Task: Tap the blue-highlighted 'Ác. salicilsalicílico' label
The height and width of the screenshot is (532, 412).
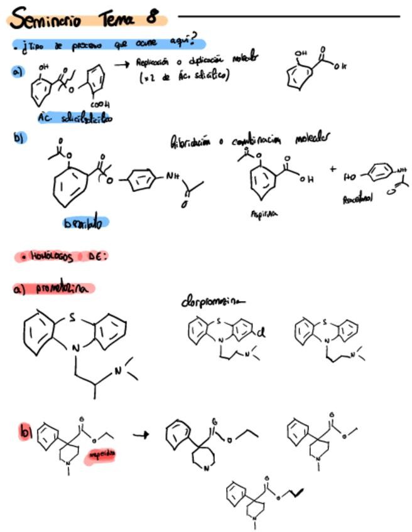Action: point(75,118)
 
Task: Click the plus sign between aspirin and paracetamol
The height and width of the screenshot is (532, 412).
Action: point(332,168)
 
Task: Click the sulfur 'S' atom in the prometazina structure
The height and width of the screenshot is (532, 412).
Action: point(72,317)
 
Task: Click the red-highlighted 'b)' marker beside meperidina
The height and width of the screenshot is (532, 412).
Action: point(26,432)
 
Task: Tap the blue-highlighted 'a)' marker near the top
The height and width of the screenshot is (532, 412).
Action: point(17,72)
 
